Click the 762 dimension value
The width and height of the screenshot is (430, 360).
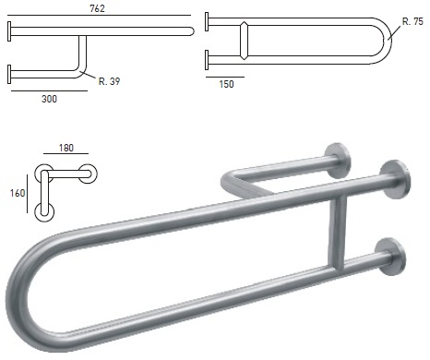click(97, 8)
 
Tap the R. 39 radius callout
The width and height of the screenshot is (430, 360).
click(109, 81)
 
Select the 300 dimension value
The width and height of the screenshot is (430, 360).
click(49, 99)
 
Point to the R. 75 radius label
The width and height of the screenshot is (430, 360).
click(412, 21)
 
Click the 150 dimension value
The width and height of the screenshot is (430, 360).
click(226, 84)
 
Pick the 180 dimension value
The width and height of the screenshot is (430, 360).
click(66, 148)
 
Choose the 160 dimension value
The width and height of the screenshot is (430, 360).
click(18, 193)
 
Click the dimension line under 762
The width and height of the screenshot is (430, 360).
click(99, 15)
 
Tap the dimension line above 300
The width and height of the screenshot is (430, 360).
click(49, 91)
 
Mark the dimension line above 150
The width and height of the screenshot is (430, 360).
click(225, 77)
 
